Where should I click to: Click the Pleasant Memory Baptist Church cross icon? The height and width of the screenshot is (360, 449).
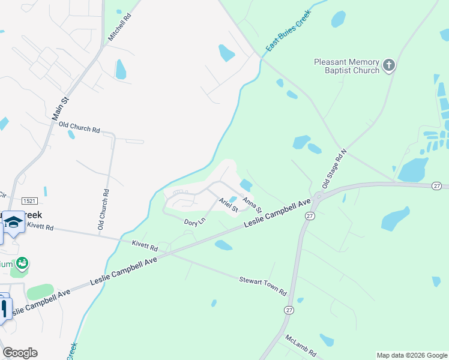pyautogui.click(x=389, y=65)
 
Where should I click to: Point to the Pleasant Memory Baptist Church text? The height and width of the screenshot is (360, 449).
pyautogui.click(x=347, y=66)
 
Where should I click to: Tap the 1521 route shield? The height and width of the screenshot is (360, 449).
pyautogui.click(x=28, y=200)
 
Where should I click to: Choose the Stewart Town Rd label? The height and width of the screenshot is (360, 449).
pyautogui.click(x=263, y=285)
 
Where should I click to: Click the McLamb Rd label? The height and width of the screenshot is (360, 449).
pyautogui.click(x=301, y=345)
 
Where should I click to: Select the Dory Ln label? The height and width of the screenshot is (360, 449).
pyautogui.click(x=194, y=221)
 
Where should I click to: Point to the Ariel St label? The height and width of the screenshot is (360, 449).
pyautogui.click(x=229, y=205)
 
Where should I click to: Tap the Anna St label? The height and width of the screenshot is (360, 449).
pyautogui.click(x=252, y=205)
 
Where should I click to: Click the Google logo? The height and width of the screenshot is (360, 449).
pyautogui.click(x=20, y=353)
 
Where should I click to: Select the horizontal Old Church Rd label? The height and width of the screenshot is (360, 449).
pyautogui.click(x=79, y=128)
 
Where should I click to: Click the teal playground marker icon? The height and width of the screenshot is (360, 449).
pyautogui.click(x=22, y=263)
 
